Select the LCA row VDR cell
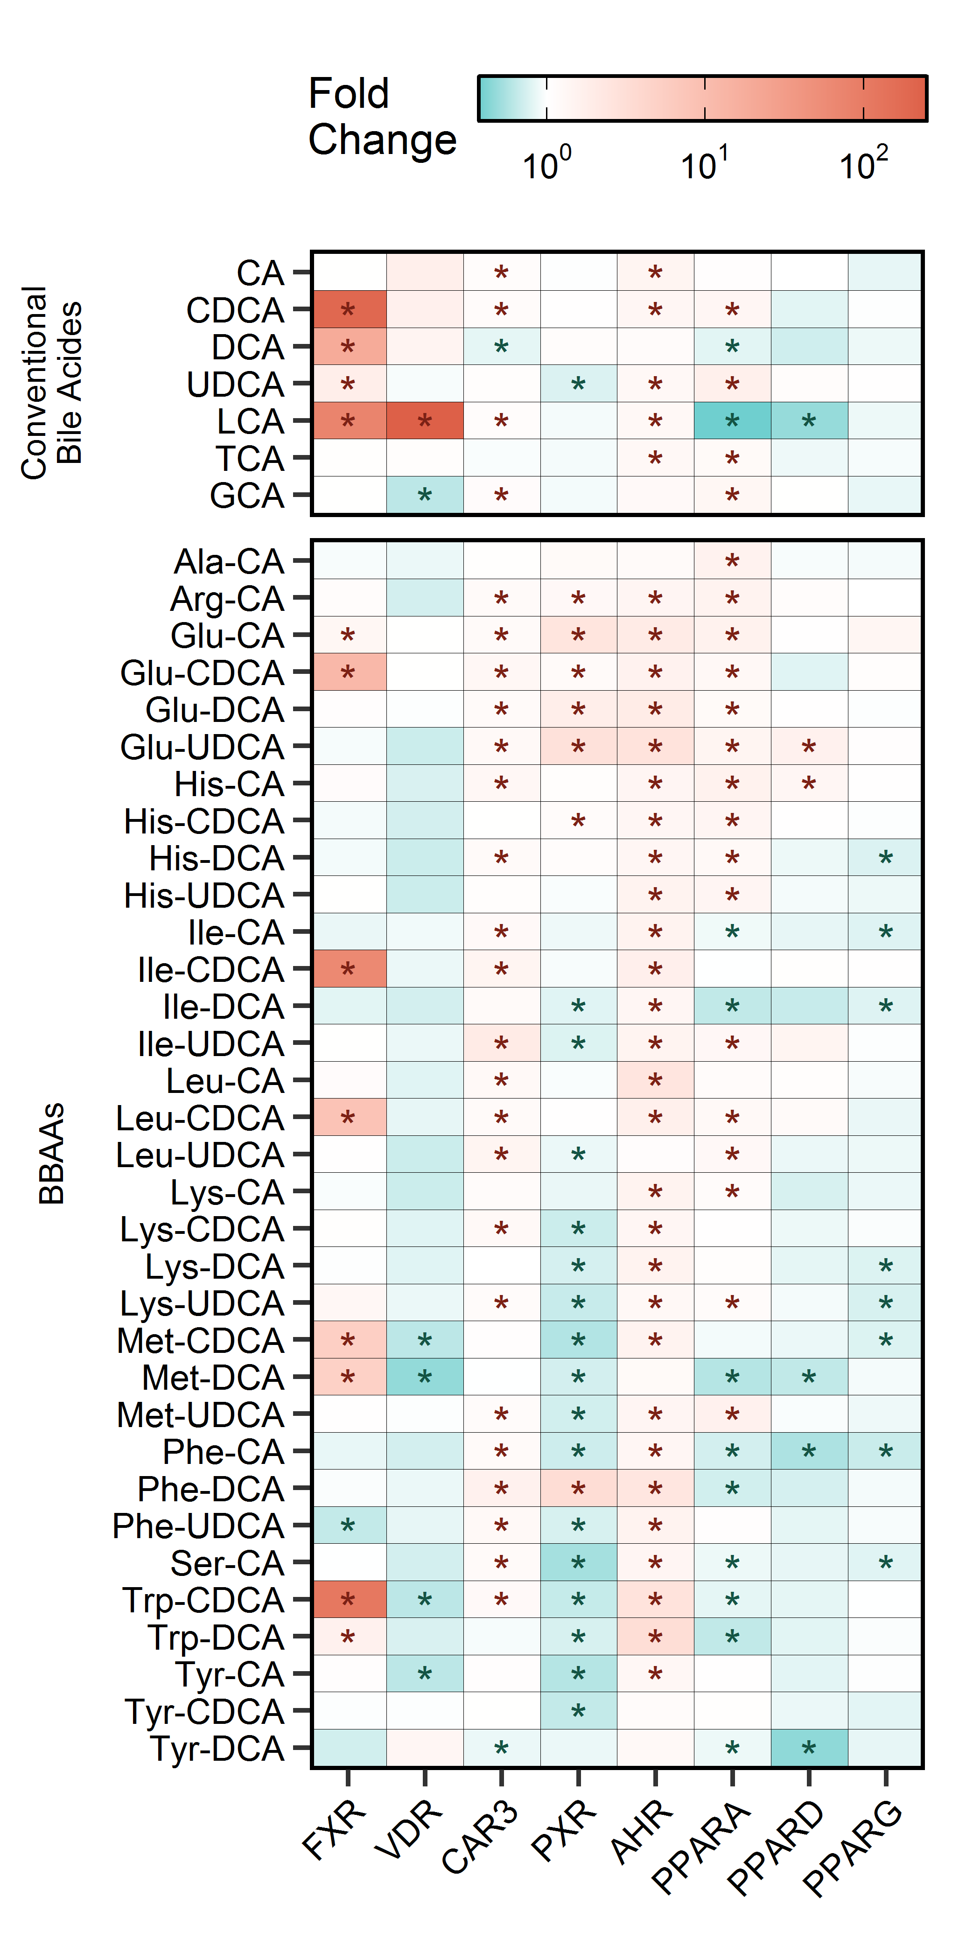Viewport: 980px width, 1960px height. tap(425, 421)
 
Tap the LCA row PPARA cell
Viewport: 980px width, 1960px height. tap(732, 421)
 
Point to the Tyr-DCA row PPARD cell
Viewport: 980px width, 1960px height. tap(809, 1748)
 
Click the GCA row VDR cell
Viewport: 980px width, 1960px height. tap(425, 495)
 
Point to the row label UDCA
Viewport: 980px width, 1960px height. tap(236, 384)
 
